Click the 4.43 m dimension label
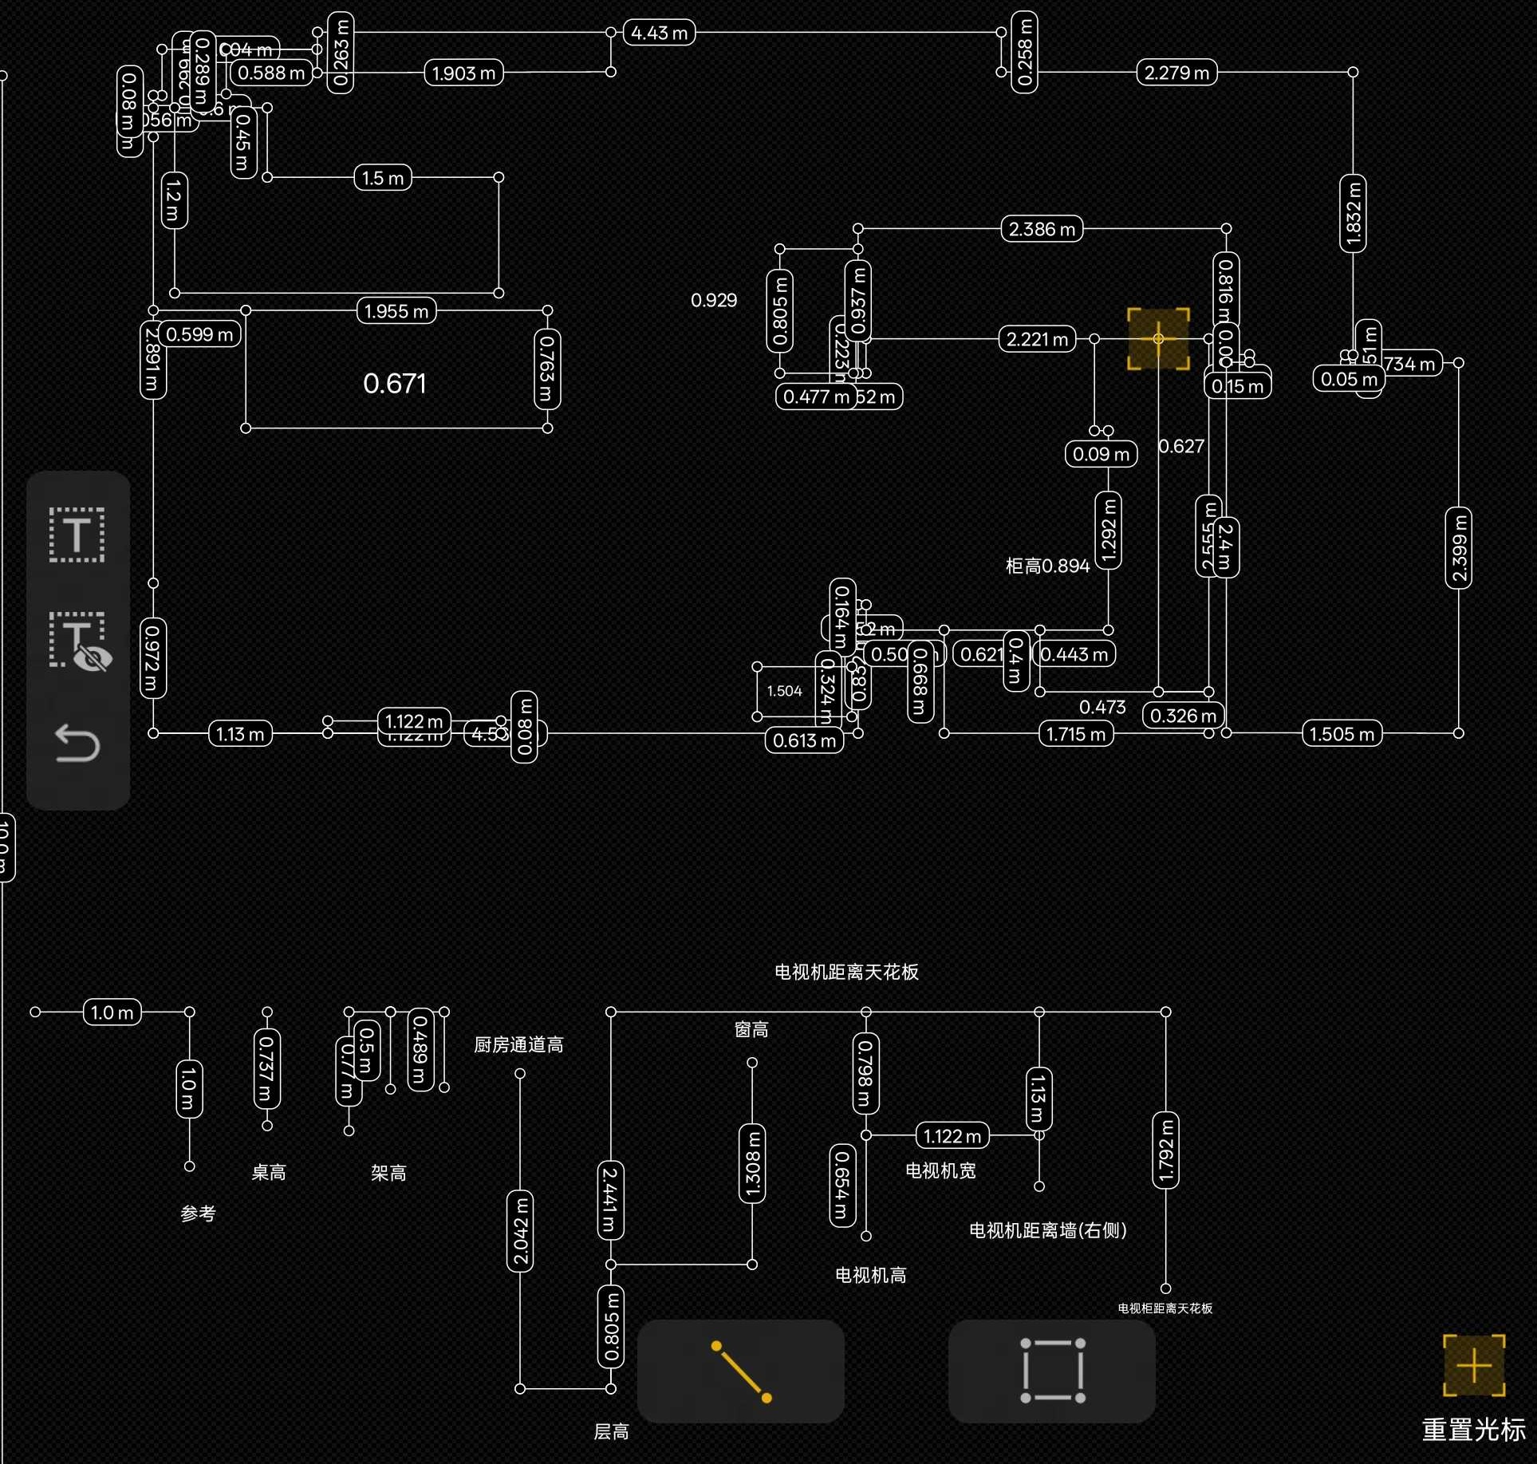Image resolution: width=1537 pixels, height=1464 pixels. [x=659, y=33]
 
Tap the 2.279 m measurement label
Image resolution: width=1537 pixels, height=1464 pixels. [x=1176, y=73]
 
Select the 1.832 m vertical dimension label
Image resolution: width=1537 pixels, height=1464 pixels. [x=1353, y=213]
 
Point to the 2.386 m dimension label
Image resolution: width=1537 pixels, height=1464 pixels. [x=1042, y=229]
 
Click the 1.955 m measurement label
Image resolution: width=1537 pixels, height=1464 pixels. [x=396, y=310]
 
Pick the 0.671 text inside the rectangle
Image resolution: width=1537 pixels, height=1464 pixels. [x=395, y=384]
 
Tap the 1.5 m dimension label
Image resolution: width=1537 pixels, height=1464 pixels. [x=383, y=177]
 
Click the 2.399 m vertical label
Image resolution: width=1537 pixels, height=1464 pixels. [x=1459, y=548]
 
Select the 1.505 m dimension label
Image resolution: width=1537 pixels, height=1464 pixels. [x=1342, y=733]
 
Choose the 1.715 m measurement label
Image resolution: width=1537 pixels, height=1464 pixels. [x=1076, y=733]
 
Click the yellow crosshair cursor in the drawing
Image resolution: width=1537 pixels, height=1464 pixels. [x=1158, y=339]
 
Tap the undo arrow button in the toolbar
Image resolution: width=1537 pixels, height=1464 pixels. [x=77, y=744]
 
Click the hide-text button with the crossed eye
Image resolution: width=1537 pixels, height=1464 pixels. [x=79, y=641]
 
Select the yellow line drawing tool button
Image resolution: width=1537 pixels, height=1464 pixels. [x=741, y=1371]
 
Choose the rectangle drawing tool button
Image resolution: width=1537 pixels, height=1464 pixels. [x=1052, y=1371]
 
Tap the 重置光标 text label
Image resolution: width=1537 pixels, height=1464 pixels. [x=1473, y=1429]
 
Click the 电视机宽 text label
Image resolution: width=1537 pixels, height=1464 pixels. [x=941, y=1170]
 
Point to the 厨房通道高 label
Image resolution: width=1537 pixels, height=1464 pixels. [x=518, y=1044]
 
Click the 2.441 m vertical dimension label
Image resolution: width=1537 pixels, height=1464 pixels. [x=610, y=1200]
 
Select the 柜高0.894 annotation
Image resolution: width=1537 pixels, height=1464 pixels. [x=1047, y=566]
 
